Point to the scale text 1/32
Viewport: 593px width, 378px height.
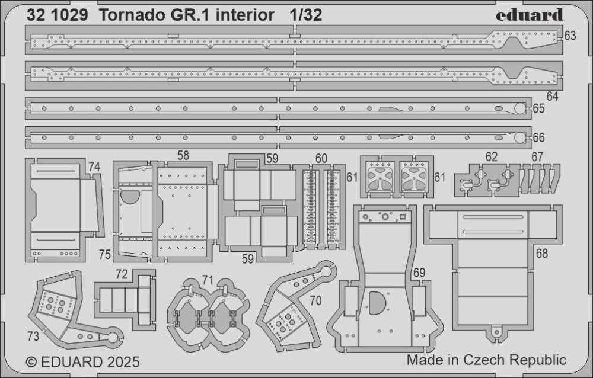[x=306, y=16]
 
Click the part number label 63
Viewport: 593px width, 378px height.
[x=570, y=36]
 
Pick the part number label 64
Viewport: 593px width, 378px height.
[x=553, y=96]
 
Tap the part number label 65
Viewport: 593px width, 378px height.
[x=538, y=108]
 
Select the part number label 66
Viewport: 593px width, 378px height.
[x=538, y=138]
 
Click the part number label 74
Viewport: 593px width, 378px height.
[x=94, y=168]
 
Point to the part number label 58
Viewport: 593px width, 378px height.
[x=183, y=155]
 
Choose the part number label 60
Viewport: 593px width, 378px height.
[x=321, y=158]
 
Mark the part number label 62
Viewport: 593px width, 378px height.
[x=491, y=158]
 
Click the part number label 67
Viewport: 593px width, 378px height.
[x=537, y=157]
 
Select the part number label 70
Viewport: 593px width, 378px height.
[x=315, y=301]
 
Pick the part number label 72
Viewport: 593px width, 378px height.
[x=121, y=274]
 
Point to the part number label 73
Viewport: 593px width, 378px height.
[x=33, y=337]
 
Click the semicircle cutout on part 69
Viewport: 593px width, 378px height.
[x=377, y=303]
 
